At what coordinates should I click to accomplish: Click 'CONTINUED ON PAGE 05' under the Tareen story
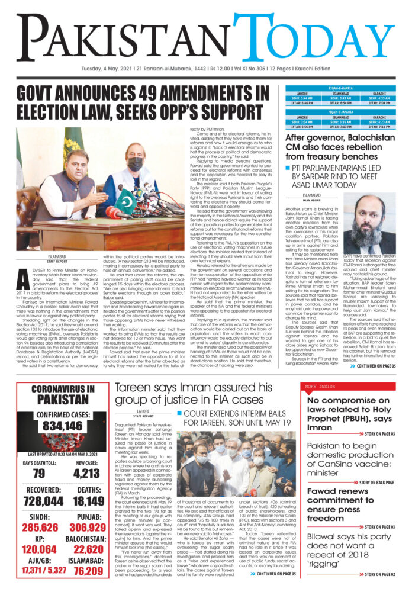[273, 574]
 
